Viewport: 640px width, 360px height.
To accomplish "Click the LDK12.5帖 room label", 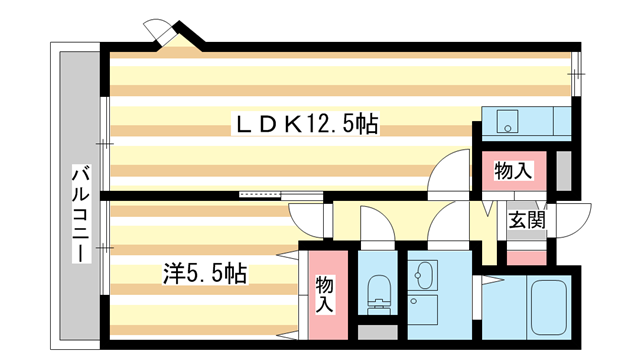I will click(305, 125).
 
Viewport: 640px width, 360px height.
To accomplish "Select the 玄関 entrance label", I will click(526, 221).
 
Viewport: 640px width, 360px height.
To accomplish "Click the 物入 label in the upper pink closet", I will click(513, 171).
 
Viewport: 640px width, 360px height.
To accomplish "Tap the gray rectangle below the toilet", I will click(378, 332).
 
